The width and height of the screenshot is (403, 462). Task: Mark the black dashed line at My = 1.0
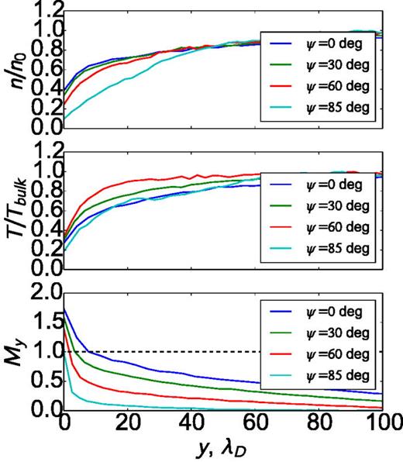232,351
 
